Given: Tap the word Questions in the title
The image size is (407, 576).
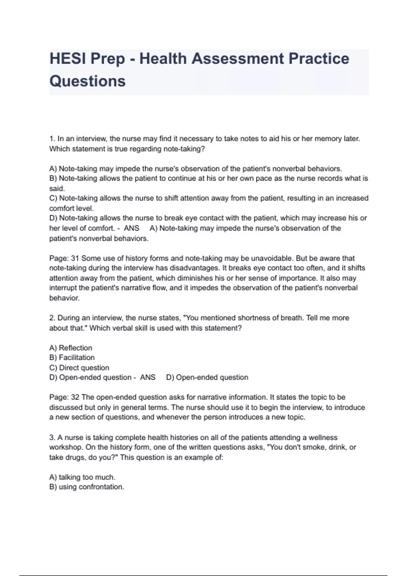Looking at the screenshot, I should [88, 81].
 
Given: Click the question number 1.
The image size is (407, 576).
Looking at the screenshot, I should [52, 139].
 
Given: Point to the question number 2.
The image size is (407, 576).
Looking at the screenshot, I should [52, 318].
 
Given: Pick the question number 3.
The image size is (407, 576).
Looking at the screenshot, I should [52, 437].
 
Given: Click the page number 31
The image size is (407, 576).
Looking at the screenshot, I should [75, 258].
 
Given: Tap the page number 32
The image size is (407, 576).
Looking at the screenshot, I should [75, 397].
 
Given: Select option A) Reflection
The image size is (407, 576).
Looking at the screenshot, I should [71, 348].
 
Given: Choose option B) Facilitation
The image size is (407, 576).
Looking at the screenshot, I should [72, 357].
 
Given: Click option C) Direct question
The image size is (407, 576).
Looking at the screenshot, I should [79, 368].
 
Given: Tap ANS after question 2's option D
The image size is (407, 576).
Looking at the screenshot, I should [148, 377].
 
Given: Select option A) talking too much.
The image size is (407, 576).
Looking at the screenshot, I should [82, 477].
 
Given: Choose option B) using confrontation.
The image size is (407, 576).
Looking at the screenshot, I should [87, 487].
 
